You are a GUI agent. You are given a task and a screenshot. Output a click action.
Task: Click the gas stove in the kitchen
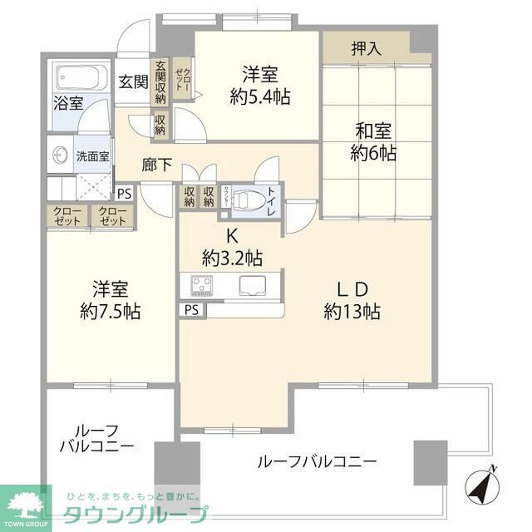[202, 286]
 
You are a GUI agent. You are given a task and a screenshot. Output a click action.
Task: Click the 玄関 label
[132, 82]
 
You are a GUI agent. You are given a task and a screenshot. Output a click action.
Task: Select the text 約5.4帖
[259, 97]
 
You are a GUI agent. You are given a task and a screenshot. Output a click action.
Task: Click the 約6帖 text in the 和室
[373, 153]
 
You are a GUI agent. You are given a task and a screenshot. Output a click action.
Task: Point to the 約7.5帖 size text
[111, 312]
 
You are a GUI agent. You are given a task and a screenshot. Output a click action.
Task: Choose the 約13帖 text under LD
[352, 312]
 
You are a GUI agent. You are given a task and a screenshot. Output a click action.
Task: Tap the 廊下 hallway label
[156, 165]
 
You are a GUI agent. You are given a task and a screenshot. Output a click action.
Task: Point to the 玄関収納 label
[160, 84]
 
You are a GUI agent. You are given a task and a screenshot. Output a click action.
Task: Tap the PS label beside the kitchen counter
[192, 310]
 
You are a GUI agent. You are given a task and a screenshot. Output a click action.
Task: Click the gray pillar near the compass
[431, 462]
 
